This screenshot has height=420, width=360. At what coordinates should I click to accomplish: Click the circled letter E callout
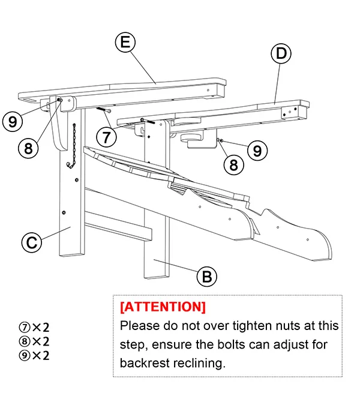(125, 43)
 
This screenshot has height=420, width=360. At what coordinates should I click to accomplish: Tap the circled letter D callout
(280, 54)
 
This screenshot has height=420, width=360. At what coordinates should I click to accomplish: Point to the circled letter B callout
(206, 277)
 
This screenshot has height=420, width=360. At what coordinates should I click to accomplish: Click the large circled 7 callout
(106, 137)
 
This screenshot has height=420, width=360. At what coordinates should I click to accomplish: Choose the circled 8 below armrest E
(28, 147)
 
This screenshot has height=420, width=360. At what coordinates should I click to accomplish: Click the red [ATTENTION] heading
(163, 307)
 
